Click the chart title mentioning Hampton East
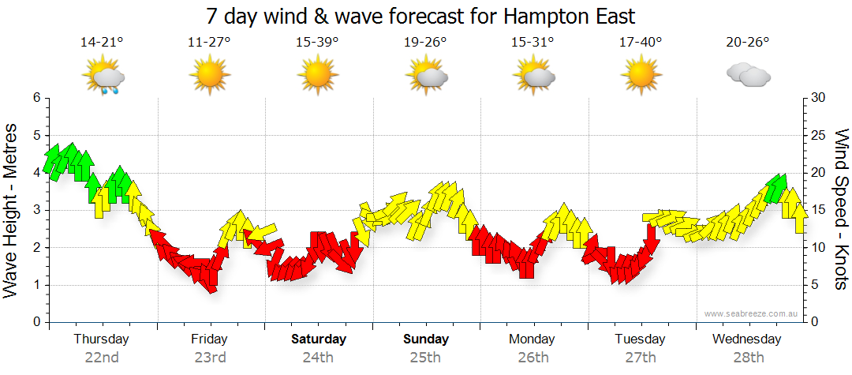tap(420, 16)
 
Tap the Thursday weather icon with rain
tap(103, 77)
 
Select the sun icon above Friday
tap(209, 76)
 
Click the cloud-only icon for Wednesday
tap(748, 76)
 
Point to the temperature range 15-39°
tap(317, 43)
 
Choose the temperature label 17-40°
tap(641, 43)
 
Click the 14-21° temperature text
tap(102, 43)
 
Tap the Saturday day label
tap(319, 339)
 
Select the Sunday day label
tap(426, 339)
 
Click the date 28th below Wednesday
tap(749, 358)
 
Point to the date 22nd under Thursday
tap(102, 358)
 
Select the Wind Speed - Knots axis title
tap(841, 209)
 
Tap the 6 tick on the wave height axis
tap(35, 98)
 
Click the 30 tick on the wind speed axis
tap(817, 98)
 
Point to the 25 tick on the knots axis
tap(817, 135)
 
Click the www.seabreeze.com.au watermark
tap(752, 313)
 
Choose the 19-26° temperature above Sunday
tap(425, 43)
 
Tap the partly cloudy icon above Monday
tap(533, 76)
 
